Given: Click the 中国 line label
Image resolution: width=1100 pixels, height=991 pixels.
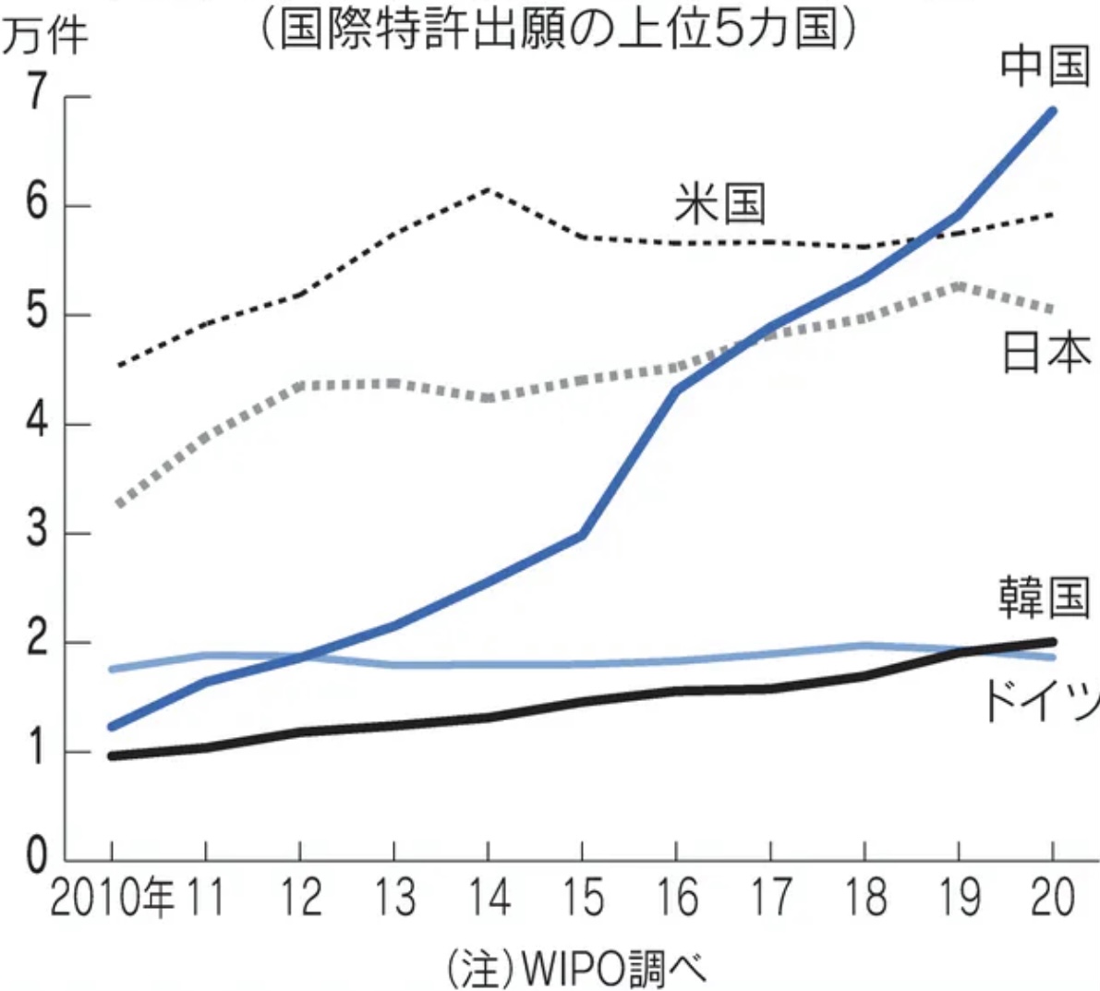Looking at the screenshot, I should coord(1045,66).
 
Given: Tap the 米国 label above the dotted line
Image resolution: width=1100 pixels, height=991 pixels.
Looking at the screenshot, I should coord(719,203).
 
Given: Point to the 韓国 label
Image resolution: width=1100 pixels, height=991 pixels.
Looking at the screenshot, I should coord(1044,598).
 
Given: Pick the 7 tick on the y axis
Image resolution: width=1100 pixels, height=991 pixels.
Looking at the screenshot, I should coord(37,95).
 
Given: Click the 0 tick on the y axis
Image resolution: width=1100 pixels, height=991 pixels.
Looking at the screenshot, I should coord(37,857).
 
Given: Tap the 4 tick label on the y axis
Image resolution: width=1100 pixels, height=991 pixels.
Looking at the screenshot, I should coord(37,424).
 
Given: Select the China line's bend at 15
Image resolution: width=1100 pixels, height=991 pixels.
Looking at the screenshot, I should coord(582,535).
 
